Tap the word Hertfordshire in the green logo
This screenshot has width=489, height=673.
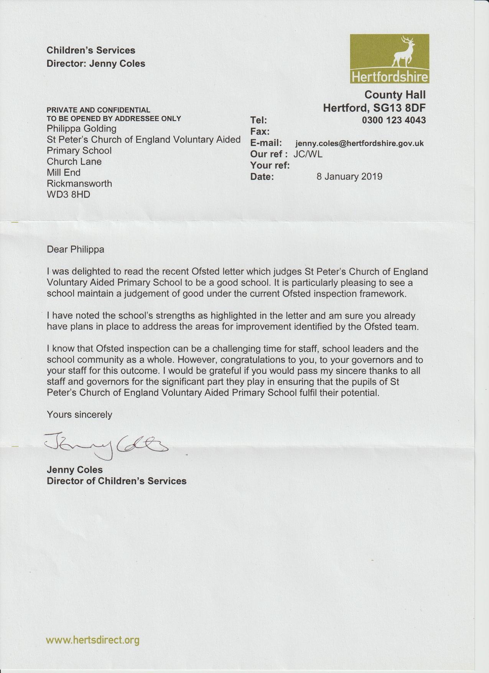tap(390, 77)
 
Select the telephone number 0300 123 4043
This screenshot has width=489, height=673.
tap(394, 120)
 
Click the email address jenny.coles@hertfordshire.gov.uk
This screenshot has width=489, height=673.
tap(359, 144)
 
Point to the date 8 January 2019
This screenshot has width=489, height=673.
tap(349, 176)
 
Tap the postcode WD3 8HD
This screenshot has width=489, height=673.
tap(68, 195)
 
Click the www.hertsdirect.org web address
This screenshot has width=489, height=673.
tap(92, 640)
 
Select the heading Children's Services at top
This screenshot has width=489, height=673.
tap(91, 50)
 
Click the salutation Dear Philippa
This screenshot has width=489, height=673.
tap(75, 249)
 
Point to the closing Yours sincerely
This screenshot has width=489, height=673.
tap(79, 414)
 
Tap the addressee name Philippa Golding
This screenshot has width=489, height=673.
tap(81, 129)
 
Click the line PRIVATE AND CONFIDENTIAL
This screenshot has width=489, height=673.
tap(98, 110)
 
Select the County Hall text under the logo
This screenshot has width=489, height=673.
tap(395, 95)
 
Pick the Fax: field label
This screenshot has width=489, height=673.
tap(260, 132)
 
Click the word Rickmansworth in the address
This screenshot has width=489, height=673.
tap(79, 183)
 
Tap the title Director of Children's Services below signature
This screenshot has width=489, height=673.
tap(117, 481)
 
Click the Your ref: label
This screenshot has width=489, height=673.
tap(270, 165)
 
